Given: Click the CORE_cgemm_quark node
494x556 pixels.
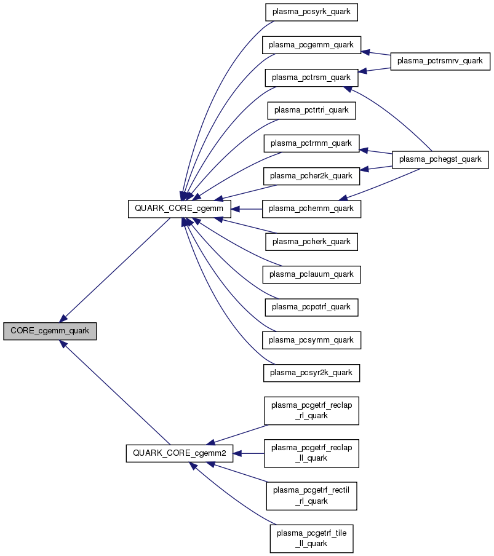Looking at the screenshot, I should pyautogui.click(x=50, y=331).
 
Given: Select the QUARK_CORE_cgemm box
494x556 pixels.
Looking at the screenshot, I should pyautogui.click(x=179, y=209).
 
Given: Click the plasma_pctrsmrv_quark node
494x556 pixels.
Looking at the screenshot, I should pyautogui.click(x=440, y=62).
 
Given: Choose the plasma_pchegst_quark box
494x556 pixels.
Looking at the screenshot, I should pyautogui.click(x=440, y=160).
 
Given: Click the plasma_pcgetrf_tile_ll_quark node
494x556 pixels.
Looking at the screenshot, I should pyautogui.click(x=311, y=538).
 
